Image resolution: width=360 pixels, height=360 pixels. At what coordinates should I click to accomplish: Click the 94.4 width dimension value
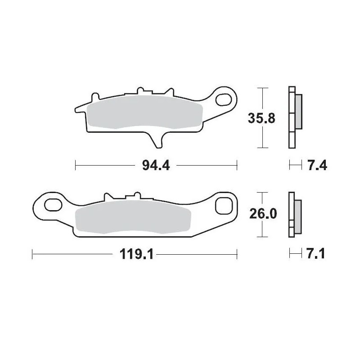tap(155, 166)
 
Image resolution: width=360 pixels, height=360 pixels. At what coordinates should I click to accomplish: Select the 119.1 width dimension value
tap(135, 255)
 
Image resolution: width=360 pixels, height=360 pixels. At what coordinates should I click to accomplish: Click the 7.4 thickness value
tap(315, 166)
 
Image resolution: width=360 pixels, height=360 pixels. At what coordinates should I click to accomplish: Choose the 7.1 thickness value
tap(315, 255)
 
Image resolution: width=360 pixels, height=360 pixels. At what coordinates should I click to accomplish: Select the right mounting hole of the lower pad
tap(223, 206)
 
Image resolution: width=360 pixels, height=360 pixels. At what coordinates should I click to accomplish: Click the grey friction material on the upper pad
tap(144, 113)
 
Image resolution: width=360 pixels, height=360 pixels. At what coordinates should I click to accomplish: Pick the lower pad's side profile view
tap(294, 215)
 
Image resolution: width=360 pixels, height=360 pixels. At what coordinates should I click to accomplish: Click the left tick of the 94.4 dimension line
tap(75, 166)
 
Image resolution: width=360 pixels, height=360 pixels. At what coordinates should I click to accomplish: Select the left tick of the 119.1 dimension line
tap(33, 255)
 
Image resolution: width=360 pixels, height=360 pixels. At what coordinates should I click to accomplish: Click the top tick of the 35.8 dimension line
tap(262, 88)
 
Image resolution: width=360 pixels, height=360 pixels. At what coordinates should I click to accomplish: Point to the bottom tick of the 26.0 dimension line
tap(262, 237)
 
